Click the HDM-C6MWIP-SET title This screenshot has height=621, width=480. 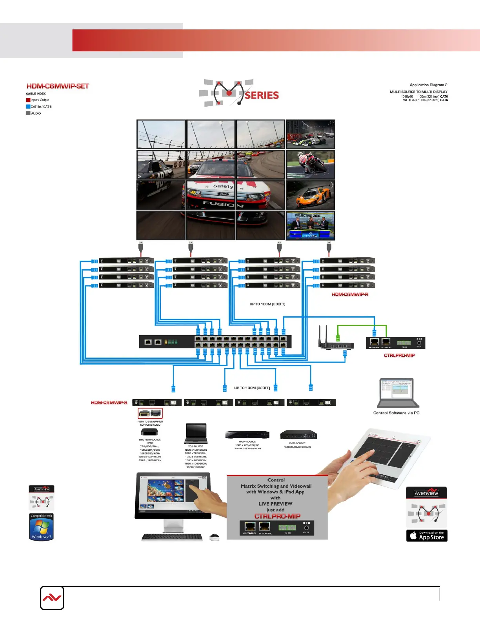tap(58, 86)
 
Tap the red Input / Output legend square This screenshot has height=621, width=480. tap(28, 100)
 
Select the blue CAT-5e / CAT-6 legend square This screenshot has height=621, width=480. tap(28, 107)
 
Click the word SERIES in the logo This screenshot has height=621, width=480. tap(262, 95)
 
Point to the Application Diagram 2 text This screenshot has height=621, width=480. tap(428, 85)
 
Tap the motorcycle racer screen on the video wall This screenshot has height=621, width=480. tap(310, 165)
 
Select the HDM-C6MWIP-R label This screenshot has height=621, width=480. tap(350, 294)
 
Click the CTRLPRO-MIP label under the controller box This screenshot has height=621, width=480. tap(399, 356)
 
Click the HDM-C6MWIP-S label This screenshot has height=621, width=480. tap(109, 403)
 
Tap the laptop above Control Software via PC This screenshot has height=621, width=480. tap(397, 393)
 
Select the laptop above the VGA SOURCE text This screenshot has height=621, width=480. tap(196, 434)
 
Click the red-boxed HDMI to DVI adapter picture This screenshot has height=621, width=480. tap(150, 413)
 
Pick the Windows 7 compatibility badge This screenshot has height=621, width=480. tap(41, 527)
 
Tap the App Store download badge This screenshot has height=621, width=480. tap(427, 536)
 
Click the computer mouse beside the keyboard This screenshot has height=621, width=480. tap(214, 537)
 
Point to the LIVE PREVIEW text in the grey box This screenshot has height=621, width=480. tap(275, 504)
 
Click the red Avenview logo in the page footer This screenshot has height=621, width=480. tap(52, 598)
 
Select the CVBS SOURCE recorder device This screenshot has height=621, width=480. tap(298, 435)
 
